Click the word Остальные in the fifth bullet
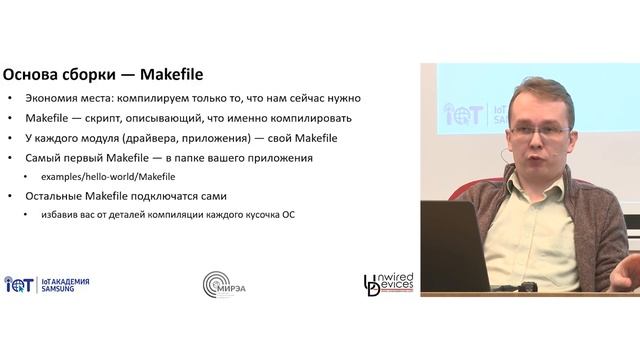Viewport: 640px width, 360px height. coord(59,196)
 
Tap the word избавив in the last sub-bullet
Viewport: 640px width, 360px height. coord(59,214)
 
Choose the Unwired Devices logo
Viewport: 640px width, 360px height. coord(389,284)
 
